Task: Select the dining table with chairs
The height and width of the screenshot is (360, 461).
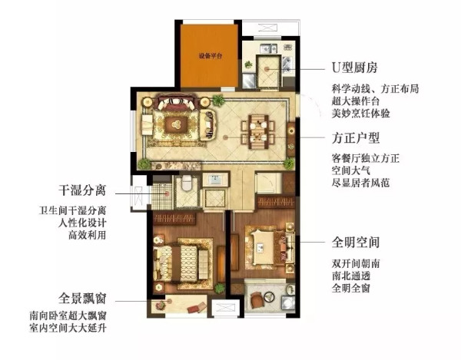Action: (x=257, y=130)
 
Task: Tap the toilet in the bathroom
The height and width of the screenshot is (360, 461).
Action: (x=185, y=185)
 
